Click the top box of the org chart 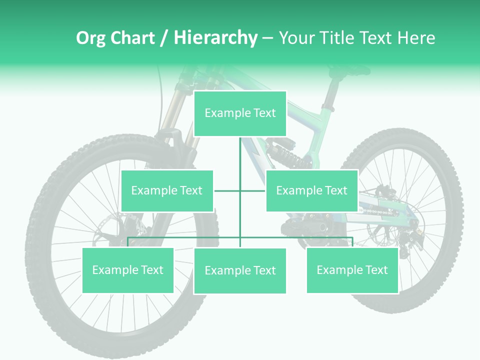(240, 113)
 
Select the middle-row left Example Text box (167, 190)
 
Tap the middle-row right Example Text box (311, 190)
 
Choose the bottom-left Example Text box (128, 270)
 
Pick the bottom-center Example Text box (240, 270)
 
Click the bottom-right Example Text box (352, 270)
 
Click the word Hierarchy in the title (215, 37)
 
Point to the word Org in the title (90, 37)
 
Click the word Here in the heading (416, 37)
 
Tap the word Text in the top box (264, 113)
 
